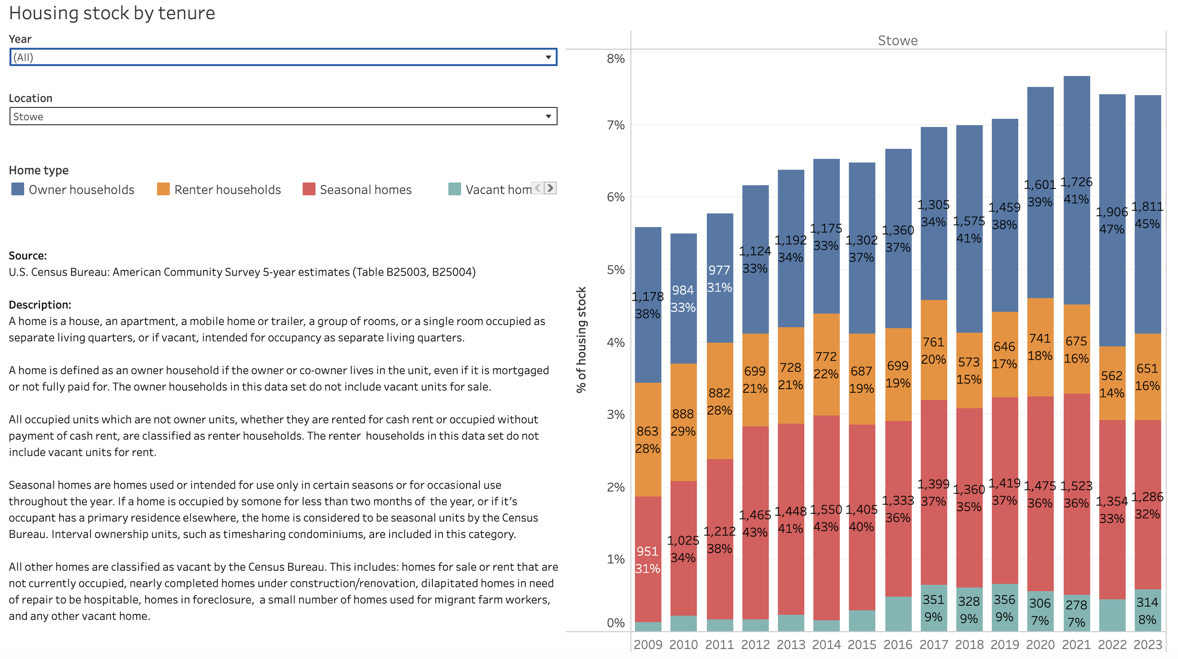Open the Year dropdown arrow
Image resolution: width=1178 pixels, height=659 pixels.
tap(548, 57)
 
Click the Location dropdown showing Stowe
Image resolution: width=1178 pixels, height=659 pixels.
tap(283, 116)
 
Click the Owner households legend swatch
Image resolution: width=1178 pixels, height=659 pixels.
tap(18, 189)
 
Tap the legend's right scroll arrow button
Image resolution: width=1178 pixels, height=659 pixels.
tap(550, 188)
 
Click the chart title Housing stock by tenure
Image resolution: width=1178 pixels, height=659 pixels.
tap(112, 13)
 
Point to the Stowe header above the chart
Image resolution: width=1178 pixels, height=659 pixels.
tap(898, 41)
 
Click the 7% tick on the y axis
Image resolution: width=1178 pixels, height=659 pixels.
tap(615, 125)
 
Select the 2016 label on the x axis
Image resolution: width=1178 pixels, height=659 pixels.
tap(898, 644)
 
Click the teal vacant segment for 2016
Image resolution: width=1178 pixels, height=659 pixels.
tap(898, 613)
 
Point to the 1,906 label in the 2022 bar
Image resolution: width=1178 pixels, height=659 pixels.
tap(1112, 212)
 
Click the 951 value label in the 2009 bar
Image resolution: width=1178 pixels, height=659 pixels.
tap(647, 551)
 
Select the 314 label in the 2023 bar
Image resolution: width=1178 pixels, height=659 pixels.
tap(1147, 602)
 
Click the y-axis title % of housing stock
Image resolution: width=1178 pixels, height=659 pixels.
tap(581, 339)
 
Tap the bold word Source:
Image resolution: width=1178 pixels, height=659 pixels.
tap(28, 256)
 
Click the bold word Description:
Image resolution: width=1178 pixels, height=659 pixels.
tap(40, 305)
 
